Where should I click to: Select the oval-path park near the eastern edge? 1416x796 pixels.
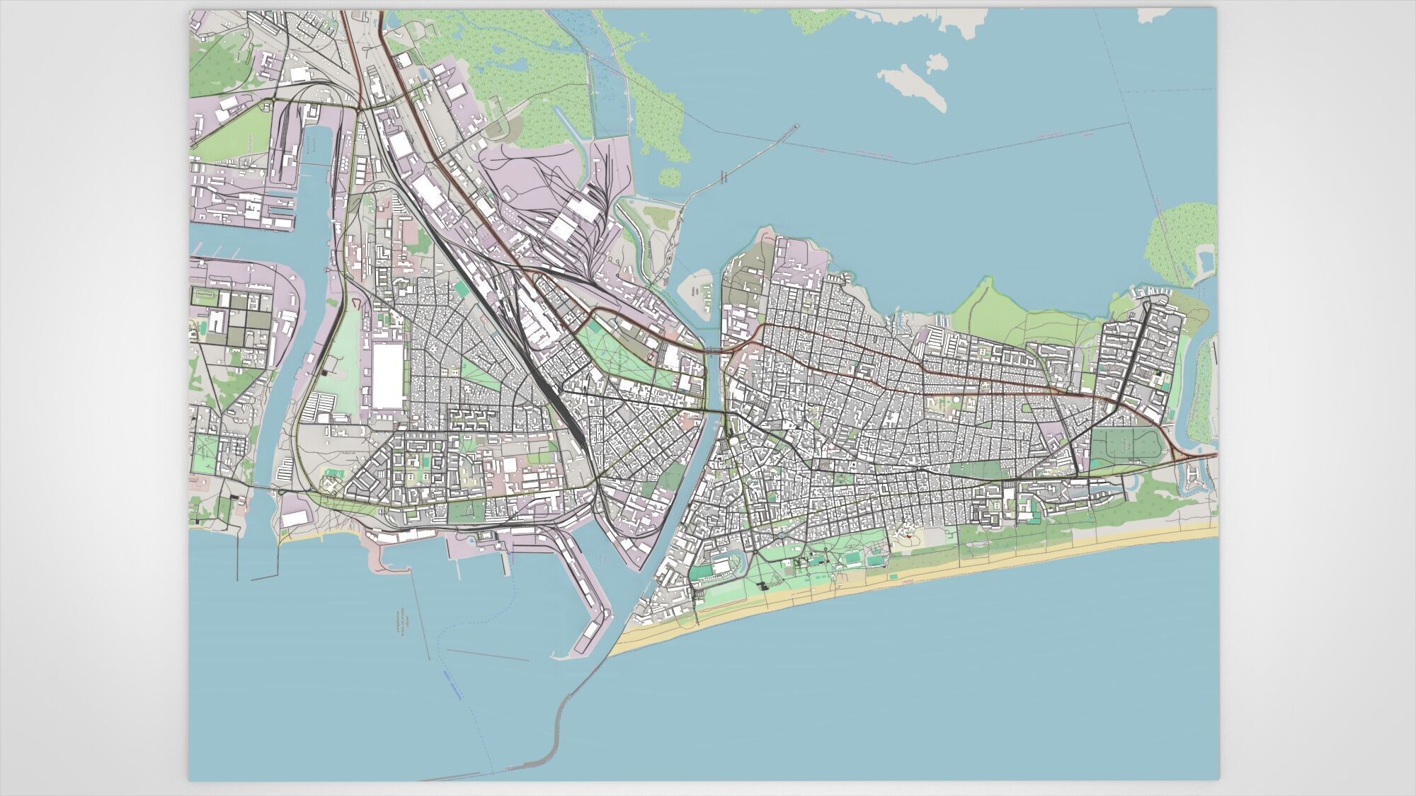1126,446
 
